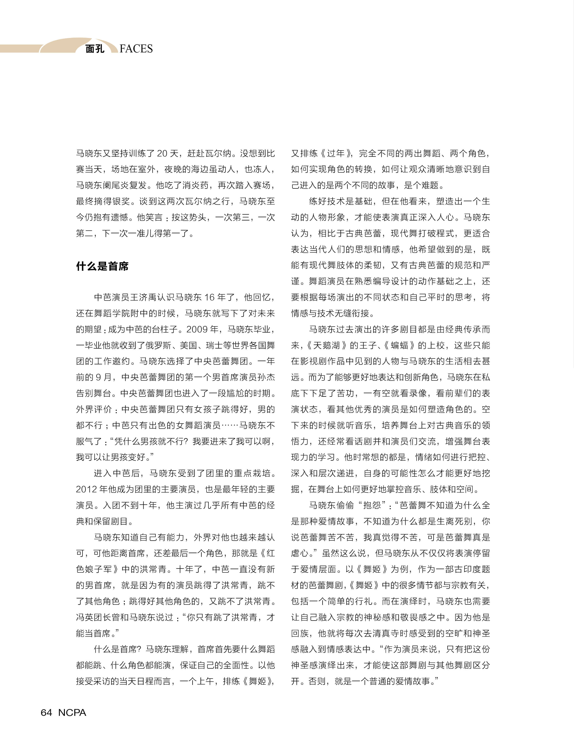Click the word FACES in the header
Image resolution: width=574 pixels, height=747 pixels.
coord(136,49)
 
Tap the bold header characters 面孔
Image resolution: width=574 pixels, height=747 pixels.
coord(95,49)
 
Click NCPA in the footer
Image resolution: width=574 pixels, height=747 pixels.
coord(72,712)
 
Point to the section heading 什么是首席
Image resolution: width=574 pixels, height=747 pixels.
coord(102,266)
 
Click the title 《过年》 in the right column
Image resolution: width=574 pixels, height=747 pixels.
coord(336,153)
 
